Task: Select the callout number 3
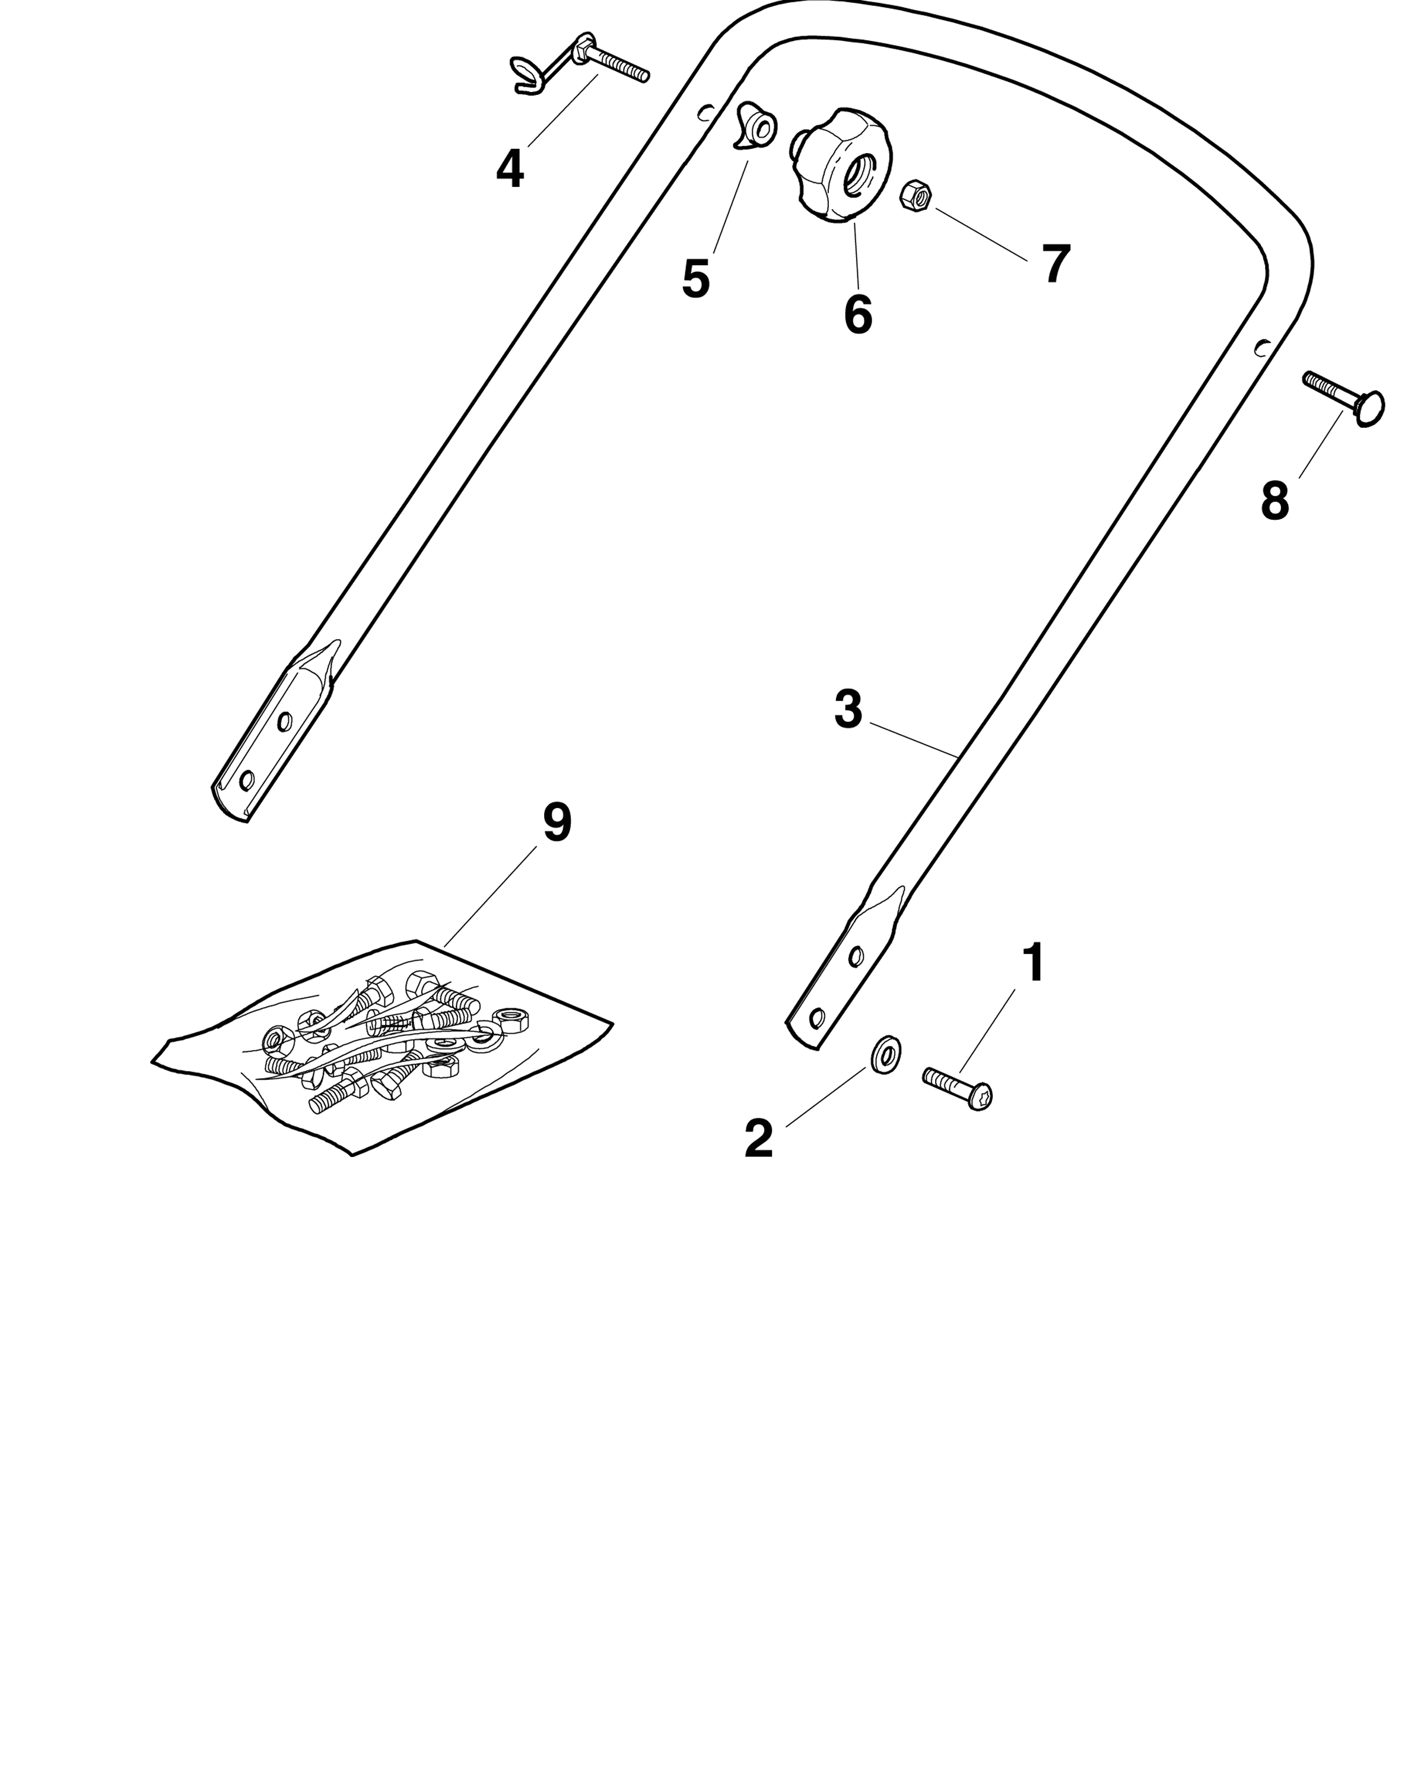[x=848, y=710]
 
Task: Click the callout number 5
[x=696, y=279]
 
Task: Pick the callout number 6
[x=858, y=314]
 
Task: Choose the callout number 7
[x=1056, y=264]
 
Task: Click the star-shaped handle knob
[x=842, y=164]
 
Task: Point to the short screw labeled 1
[x=957, y=1088]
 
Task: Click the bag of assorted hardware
[x=382, y=1046]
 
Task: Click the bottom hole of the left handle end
[x=245, y=780]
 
